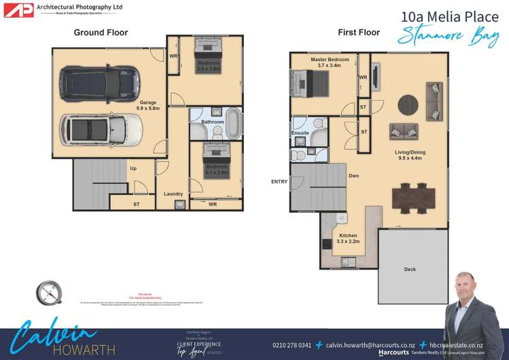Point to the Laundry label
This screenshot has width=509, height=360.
coord(173,194)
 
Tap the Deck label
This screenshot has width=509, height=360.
coord(410,269)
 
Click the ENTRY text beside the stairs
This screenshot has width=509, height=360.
coord(279,181)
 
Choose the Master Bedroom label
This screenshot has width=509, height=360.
coord(330,60)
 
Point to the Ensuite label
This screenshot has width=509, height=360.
coord(300,133)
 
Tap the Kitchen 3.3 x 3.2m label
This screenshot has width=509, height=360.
coord(348,238)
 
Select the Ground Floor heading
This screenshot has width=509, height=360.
coord(101,32)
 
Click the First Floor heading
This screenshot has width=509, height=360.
coord(358,32)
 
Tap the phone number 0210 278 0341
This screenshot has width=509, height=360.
coord(292,345)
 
